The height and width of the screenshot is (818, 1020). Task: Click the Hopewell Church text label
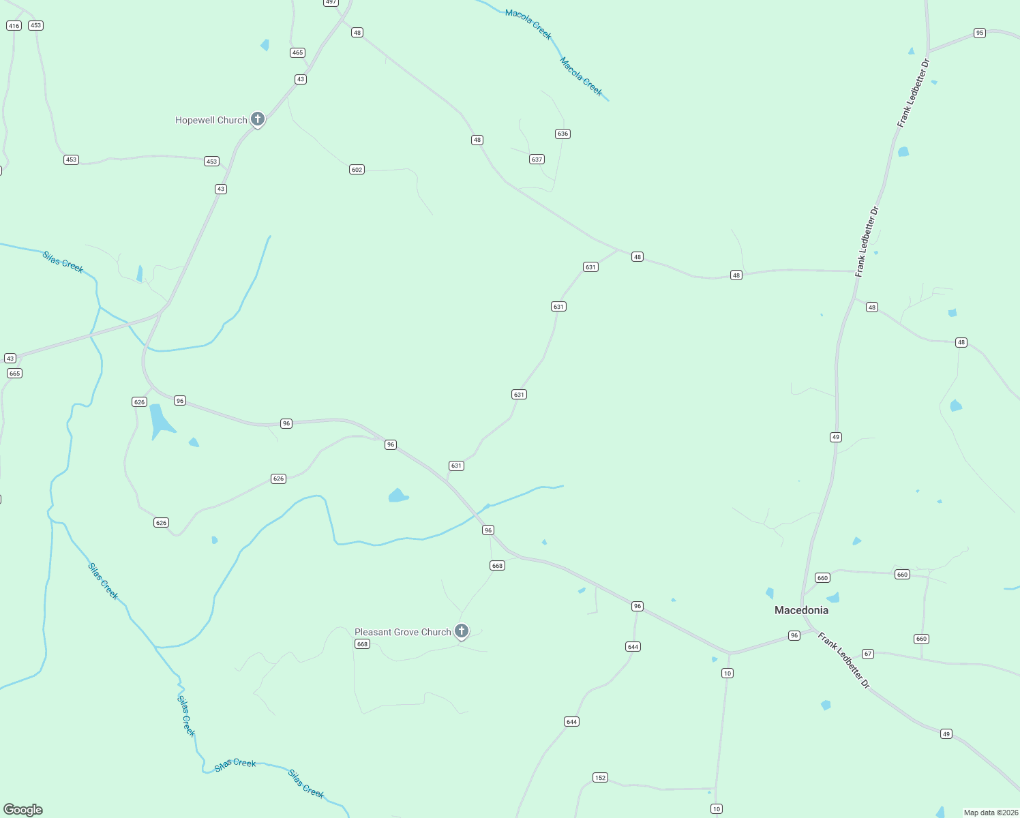tap(211, 120)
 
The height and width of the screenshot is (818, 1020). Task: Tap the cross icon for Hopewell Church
tap(258, 119)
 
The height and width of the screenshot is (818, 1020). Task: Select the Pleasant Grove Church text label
tap(402, 632)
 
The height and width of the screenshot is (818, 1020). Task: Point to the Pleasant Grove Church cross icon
tap(462, 631)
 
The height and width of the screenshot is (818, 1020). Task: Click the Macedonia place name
tap(801, 610)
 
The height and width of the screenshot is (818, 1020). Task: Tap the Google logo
tap(23, 810)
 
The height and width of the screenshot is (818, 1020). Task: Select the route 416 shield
tap(14, 26)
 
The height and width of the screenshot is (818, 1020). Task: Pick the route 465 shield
tap(297, 52)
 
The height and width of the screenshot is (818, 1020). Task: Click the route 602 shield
tap(357, 170)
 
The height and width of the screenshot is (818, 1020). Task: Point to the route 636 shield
tap(562, 134)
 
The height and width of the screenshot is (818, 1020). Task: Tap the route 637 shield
tap(537, 160)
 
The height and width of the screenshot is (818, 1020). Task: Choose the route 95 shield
tap(980, 33)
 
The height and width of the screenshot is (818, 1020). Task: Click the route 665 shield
tap(14, 374)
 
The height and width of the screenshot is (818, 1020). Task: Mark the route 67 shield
tap(868, 654)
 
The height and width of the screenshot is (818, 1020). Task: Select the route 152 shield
tap(600, 778)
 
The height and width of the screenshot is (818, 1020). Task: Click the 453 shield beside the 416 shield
tap(35, 25)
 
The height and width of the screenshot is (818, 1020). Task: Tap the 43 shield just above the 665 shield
tap(10, 359)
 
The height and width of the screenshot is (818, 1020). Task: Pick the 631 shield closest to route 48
tap(590, 267)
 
